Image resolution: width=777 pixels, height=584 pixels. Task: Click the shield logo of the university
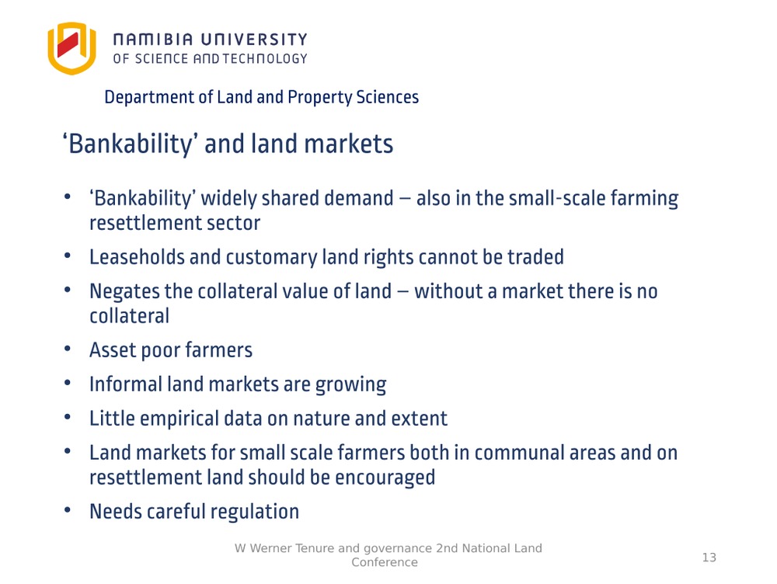tap(71, 48)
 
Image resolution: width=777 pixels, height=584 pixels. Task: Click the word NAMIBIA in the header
tap(153, 40)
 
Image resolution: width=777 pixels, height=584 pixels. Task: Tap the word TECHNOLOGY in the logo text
tap(265, 59)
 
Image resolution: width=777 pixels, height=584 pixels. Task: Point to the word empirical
tap(179, 419)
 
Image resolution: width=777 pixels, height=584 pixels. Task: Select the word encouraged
tap(385, 478)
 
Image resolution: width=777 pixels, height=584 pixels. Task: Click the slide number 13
tap(709, 558)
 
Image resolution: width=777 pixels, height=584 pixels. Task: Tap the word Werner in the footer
tap(270, 548)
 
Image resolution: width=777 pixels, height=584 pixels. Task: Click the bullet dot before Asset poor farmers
tap(68, 349)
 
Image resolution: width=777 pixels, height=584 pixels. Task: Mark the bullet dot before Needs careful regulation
tap(68, 509)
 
